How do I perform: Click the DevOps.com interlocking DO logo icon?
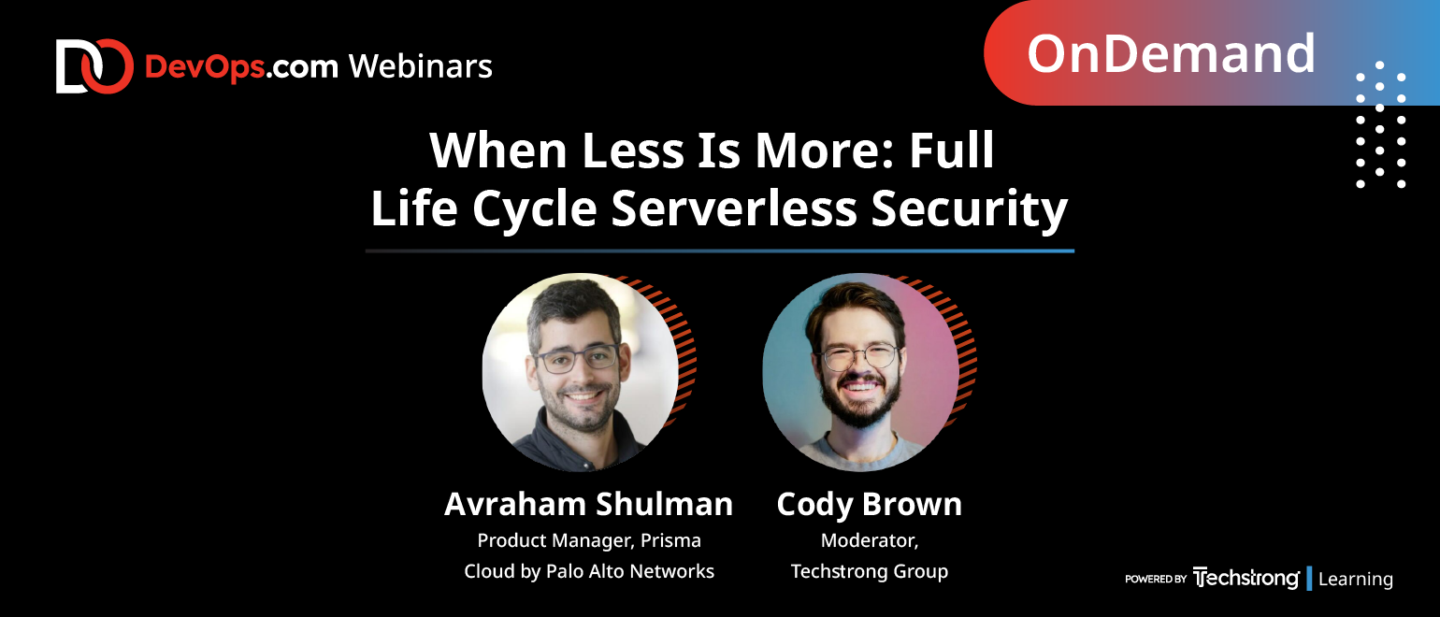(x=94, y=66)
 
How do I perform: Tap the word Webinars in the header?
(x=421, y=66)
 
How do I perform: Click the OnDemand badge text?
(x=1171, y=54)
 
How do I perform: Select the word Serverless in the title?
(x=734, y=208)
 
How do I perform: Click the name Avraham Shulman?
(x=588, y=504)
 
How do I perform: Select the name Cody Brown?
(x=870, y=505)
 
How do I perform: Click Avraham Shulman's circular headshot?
(x=581, y=372)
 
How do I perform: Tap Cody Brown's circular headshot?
(x=861, y=372)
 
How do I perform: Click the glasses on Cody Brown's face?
(x=861, y=356)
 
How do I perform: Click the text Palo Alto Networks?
(x=630, y=571)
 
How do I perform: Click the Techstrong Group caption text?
(x=870, y=571)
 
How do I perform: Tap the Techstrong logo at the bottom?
(x=1246, y=578)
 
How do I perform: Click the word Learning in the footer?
(x=1356, y=579)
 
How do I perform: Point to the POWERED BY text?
(x=1156, y=579)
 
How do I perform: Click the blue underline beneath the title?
(x=720, y=251)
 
